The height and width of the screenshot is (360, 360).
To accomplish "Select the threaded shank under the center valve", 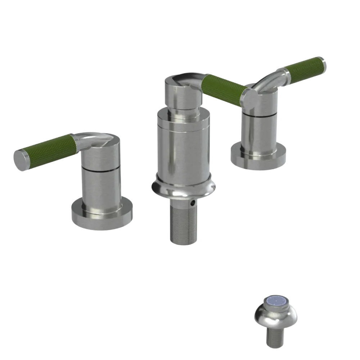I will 183,225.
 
